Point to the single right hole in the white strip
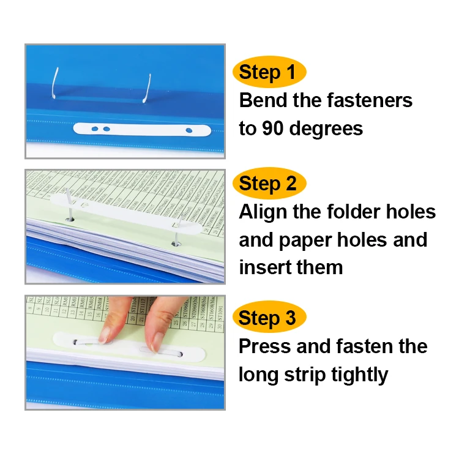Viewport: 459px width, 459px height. [189, 130]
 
